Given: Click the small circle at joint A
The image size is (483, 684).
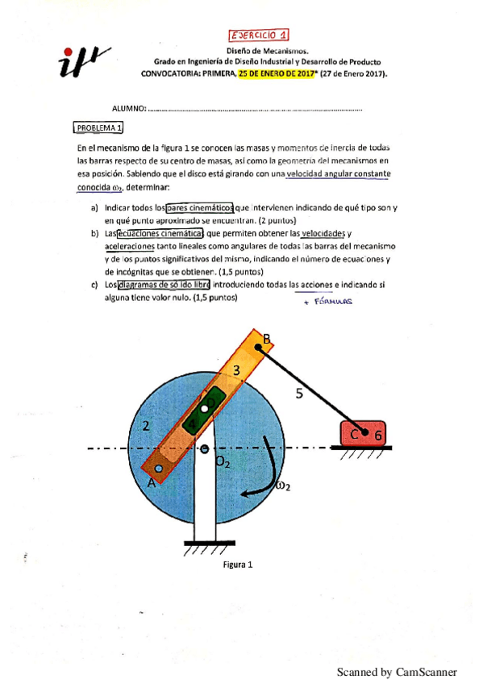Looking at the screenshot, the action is click(159, 468).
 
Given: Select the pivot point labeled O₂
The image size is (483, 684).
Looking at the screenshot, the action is click(205, 448).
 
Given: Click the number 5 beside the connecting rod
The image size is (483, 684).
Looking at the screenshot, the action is click(300, 394).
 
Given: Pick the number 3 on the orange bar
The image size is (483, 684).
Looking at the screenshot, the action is click(235, 371).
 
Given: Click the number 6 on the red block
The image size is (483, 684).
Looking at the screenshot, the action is click(379, 435).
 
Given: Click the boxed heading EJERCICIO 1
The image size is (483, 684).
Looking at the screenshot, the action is click(260, 35).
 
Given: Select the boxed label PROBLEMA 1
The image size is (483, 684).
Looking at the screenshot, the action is click(98, 127).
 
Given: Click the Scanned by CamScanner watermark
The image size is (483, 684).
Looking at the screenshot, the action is click(396, 672).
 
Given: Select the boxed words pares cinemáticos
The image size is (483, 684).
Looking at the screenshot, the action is click(199, 207).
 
